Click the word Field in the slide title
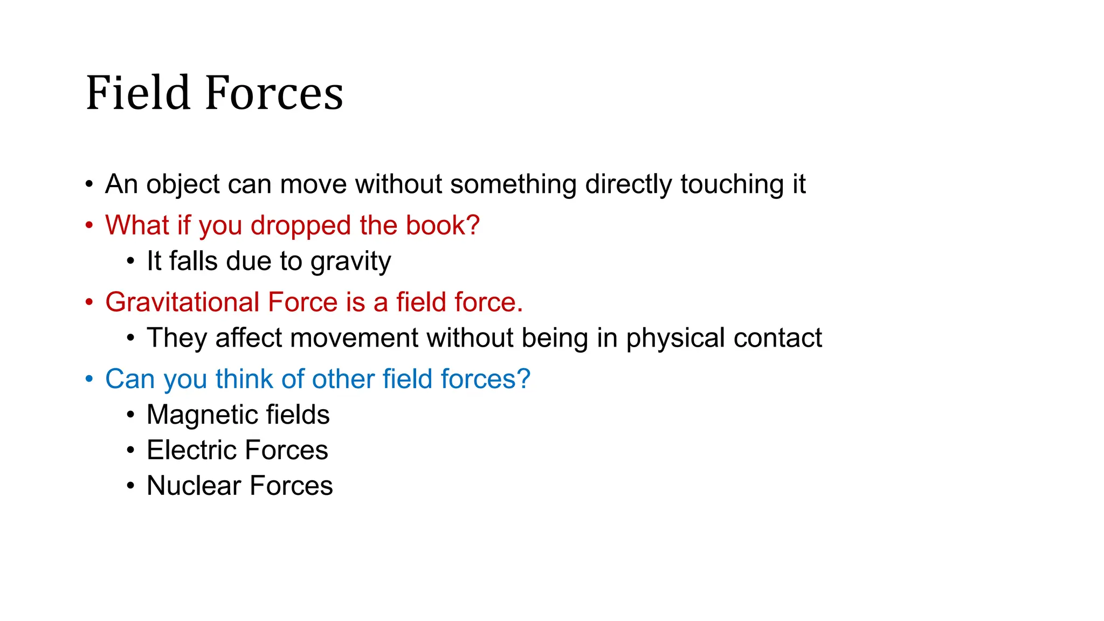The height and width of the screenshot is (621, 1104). tap(138, 93)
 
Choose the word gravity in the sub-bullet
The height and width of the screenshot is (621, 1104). tap(350, 262)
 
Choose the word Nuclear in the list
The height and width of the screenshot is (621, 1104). tap(194, 486)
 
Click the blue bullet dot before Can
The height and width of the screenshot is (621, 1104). tap(89, 378)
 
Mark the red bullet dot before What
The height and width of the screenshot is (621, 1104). tap(89, 225)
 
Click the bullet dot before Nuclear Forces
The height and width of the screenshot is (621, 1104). tap(130, 486)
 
